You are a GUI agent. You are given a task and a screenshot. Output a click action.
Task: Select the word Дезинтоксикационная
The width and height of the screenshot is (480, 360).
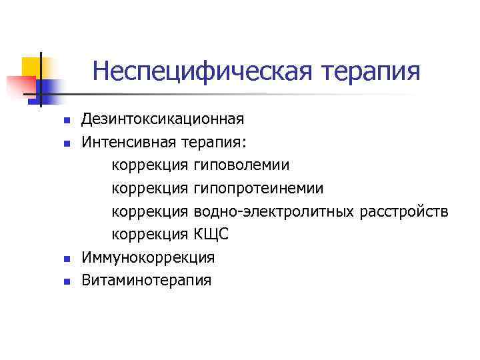point(163,119)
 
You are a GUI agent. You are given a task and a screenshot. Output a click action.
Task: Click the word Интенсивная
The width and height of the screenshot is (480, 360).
point(129,142)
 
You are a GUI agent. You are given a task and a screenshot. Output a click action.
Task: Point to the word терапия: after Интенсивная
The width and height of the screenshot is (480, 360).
point(216,142)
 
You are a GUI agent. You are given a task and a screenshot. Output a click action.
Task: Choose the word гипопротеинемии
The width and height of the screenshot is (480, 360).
point(259,188)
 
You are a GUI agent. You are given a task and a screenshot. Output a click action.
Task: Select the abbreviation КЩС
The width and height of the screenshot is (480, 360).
point(210,234)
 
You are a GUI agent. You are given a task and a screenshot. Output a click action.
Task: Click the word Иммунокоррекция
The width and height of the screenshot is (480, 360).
point(148,257)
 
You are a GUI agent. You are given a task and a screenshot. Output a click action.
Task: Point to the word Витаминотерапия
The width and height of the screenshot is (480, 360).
point(146,280)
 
